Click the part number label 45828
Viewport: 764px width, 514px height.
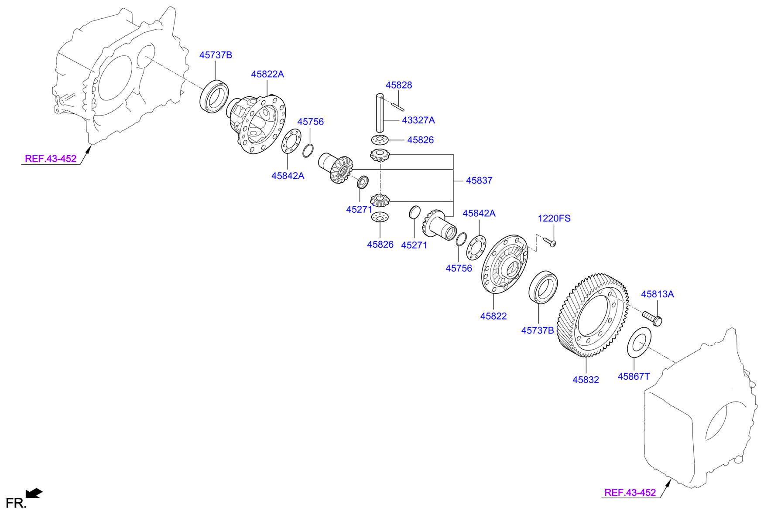398,85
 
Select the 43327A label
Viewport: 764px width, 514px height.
418,120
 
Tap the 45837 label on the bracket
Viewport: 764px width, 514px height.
479,180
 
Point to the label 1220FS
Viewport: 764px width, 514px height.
554,218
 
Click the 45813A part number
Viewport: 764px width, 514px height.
657,294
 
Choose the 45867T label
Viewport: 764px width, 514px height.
634,376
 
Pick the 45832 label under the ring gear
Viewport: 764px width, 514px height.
586,380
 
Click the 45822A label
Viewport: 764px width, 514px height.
267,74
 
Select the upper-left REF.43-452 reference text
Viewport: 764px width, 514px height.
51,159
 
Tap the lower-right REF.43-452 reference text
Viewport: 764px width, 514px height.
630,493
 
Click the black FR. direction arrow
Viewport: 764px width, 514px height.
34,493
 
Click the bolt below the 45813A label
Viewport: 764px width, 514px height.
652,318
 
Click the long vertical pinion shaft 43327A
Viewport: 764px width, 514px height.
380,113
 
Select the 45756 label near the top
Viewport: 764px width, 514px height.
310,122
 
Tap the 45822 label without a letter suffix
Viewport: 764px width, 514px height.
493,316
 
